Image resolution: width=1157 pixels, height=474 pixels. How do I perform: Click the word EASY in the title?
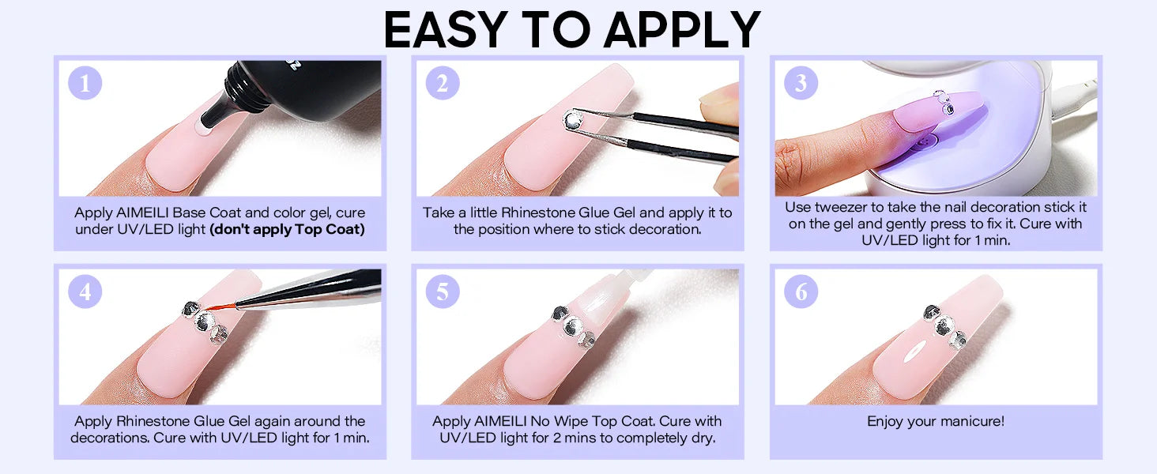446,29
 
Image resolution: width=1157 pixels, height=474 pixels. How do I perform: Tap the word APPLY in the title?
682,29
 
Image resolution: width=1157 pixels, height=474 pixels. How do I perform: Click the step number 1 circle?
85,83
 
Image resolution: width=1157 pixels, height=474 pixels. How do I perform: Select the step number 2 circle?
442,83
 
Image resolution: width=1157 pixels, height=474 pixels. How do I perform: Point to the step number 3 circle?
801,83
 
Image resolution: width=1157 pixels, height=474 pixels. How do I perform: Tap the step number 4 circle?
85,292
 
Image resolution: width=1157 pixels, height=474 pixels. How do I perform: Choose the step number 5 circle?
442,292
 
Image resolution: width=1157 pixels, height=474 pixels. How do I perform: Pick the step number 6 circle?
801,292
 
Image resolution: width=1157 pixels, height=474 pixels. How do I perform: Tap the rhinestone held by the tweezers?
572,120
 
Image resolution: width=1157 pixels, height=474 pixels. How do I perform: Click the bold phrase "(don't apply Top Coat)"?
287,229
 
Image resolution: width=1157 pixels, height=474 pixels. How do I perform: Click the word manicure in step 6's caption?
967,421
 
